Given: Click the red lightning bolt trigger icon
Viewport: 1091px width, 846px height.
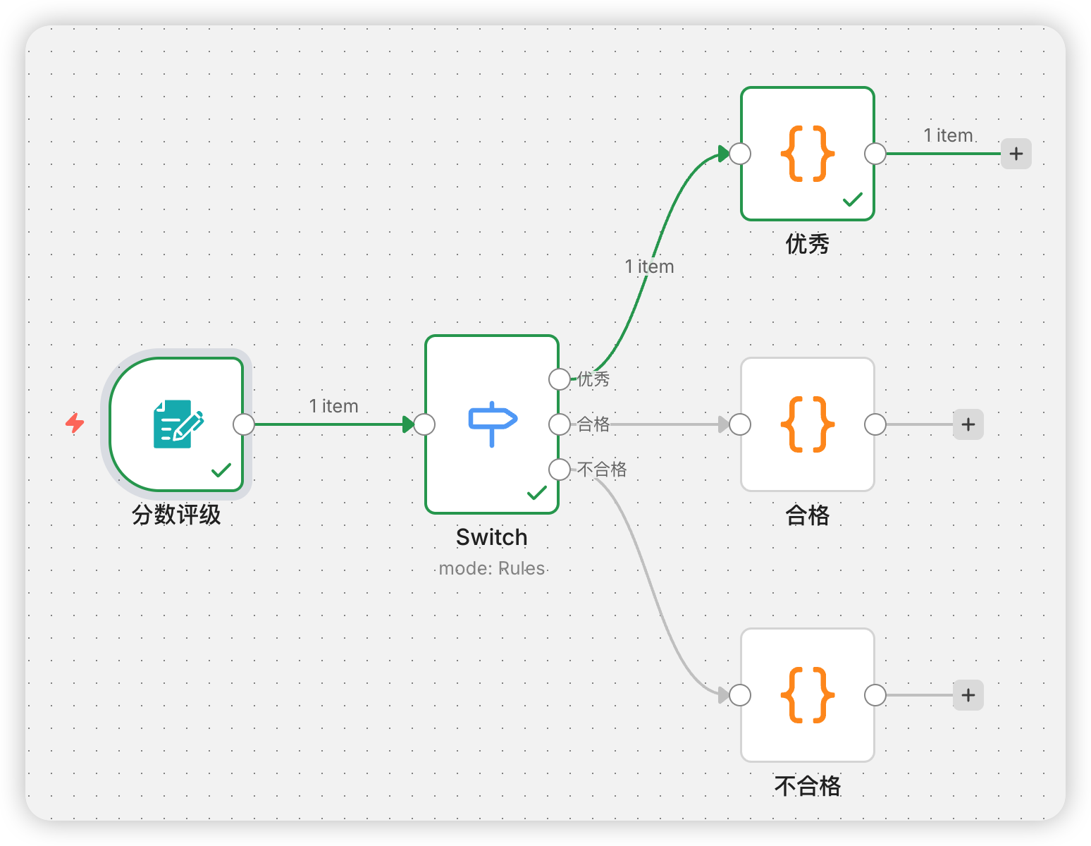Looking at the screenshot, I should click(x=75, y=423).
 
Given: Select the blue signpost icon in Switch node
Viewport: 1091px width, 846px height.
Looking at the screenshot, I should click(x=493, y=424).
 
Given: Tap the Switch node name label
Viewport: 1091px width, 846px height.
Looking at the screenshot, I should click(x=491, y=537).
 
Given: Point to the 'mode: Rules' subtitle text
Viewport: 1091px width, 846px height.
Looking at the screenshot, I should click(x=491, y=568).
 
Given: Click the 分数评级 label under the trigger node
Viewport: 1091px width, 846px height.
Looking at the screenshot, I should click(x=176, y=515).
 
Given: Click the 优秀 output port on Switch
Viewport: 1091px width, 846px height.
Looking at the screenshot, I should click(x=559, y=379).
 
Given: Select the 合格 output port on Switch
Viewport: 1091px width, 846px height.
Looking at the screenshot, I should click(x=559, y=424).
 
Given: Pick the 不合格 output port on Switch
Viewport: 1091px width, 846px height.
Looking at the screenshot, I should click(x=559, y=470).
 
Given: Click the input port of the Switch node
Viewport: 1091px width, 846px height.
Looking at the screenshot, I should click(x=424, y=424).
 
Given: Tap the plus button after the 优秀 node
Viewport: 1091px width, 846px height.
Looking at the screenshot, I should click(x=1016, y=154).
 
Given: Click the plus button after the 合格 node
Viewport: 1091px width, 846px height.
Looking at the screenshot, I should click(x=968, y=424).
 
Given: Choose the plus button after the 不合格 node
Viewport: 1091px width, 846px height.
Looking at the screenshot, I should click(x=968, y=695).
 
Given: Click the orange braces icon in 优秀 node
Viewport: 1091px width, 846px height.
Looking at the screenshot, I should click(x=808, y=154).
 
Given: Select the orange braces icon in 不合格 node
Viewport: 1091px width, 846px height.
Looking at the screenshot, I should click(x=808, y=695).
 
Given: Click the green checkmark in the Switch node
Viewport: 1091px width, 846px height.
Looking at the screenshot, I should click(x=537, y=492).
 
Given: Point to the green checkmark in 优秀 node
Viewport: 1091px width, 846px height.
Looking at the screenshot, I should click(x=853, y=200).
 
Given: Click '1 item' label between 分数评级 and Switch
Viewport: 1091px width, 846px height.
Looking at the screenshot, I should click(x=333, y=406).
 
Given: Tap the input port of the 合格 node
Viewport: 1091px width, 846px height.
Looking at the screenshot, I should click(x=740, y=424).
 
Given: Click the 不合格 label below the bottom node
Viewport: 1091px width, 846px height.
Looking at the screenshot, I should click(x=808, y=785).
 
